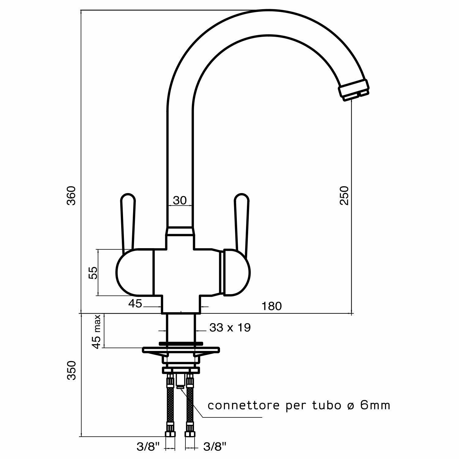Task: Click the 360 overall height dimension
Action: click(71, 196)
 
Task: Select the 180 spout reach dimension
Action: click(272, 306)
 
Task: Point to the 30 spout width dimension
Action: click(180, 200)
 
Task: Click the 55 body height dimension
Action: click(93, 273)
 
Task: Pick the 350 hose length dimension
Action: click(71, 370)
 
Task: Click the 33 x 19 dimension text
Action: click(230, 328)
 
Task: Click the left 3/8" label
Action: click(148, 447)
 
